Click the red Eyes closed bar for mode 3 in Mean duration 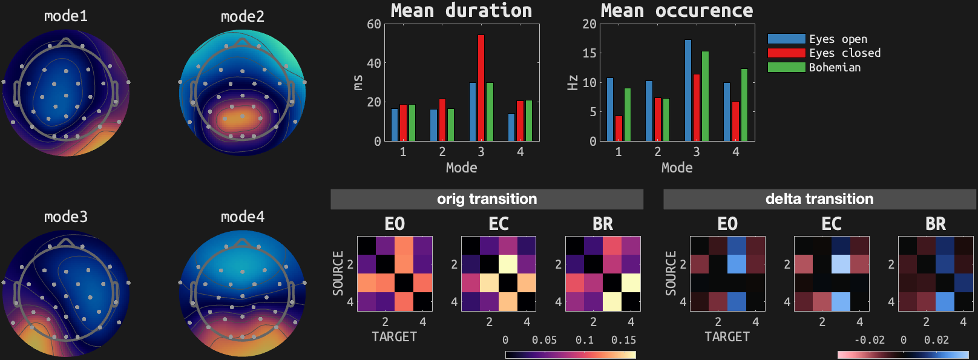tap(481, 88)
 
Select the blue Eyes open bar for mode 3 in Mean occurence tap(688, 90)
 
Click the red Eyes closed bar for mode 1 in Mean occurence tap(619, 128)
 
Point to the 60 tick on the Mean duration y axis tap(374, 24)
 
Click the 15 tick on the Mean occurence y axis tap(589, 53)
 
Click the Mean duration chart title tap(461, 10)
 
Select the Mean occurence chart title tap(677, 10)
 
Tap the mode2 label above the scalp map tap(243, 16)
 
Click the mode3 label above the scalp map tap(66, 217)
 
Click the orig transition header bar tap(487, 199)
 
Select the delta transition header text tap(819, 199)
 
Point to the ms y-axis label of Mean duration tap(358, 82)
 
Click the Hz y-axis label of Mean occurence tap(573, 82)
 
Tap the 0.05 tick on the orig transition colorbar tap(544, 340)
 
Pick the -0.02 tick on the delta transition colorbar tap(869, 340)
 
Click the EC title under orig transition tap(499, 224)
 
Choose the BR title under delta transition tap(936, 224)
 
